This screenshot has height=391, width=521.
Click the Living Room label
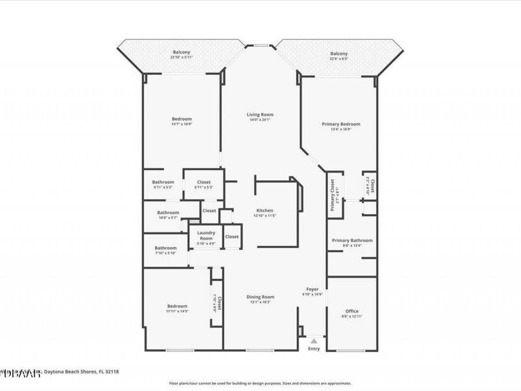[259, 115]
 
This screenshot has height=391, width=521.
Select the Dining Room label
[259, 297]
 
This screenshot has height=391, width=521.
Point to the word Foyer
[312, 288]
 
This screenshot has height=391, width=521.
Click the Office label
[351, 311]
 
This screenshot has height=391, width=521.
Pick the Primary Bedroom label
[341, 124]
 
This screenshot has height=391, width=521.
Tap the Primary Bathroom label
[351, 240]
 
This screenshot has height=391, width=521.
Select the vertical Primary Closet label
[333, 195]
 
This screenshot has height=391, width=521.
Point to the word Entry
[313, 349]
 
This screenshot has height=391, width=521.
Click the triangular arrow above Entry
[313, 341]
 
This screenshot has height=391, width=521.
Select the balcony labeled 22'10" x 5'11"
[181, 52]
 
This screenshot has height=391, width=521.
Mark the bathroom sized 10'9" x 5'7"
[168, 213]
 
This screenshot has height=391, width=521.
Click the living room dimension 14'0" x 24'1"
[259, 120]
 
